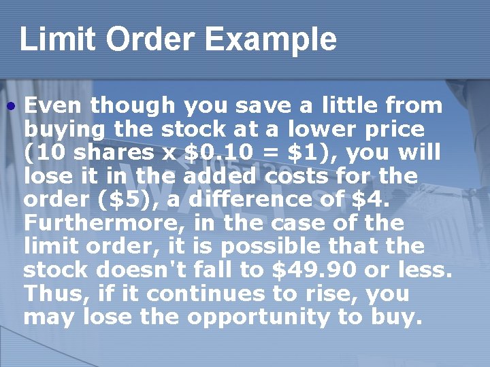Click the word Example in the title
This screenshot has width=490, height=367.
point(271,39)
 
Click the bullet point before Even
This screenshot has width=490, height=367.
point(12,106)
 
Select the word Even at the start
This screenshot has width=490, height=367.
point(54,105)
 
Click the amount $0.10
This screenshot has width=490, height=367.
point(209,152)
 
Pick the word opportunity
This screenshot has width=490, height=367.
point(263,317)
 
